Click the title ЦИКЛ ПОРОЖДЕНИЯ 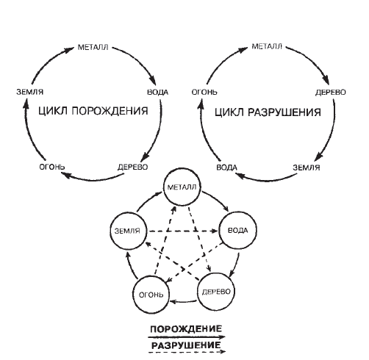(93, 111)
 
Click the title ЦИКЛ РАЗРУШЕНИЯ (268, 112)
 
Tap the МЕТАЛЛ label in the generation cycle (93, 47)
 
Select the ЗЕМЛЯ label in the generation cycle (30, 92)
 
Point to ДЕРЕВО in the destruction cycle (331, 93)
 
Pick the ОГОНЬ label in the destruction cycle (204, 92)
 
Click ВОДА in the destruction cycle (226, 168)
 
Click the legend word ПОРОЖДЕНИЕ (186, 328)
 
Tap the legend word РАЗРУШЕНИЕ (186, 345)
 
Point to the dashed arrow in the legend (187, 352)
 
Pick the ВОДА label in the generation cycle (157, 93)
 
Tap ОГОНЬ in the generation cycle (52, 167)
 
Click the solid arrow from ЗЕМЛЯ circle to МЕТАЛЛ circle (148, 201)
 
